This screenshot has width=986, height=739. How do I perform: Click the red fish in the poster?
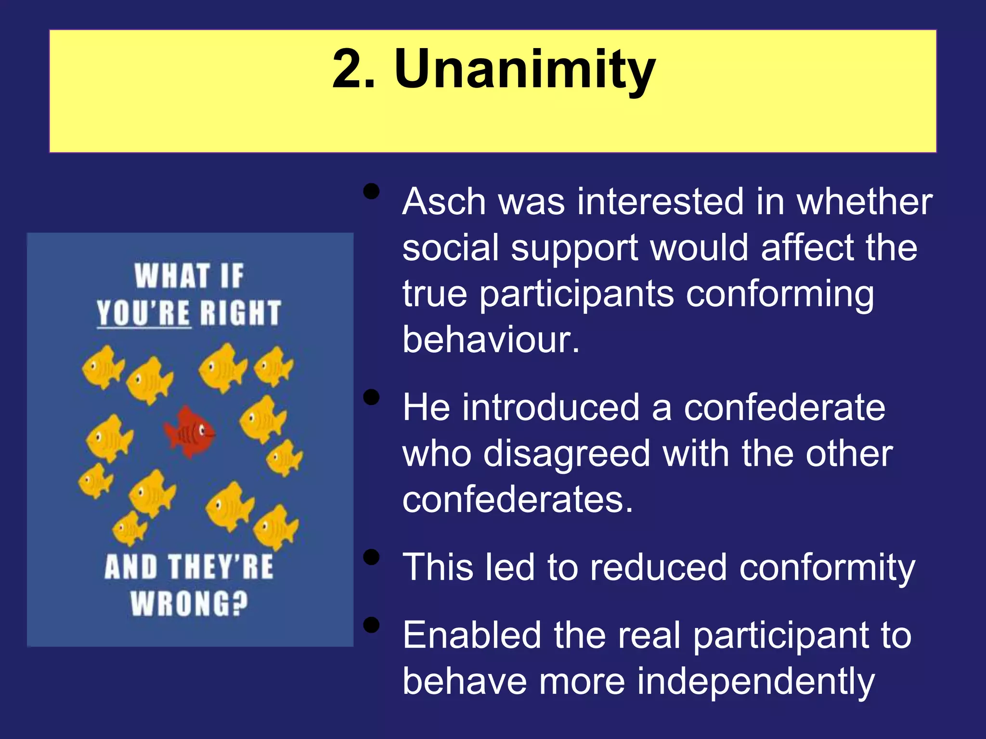pyautogui.click(x=189, y=431)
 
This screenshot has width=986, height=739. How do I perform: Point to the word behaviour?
pyautogui.click(x=491, y=339)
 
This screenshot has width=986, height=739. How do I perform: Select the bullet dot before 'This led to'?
pyautogui.click(x=371, y=557)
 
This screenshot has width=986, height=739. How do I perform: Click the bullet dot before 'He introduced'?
pyautogui.click(x=371, y=397)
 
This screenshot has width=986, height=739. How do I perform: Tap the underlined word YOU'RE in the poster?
pyautogui.click(x=143, y=313)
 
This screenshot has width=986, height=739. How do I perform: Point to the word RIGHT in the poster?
pyautogui.click(x=240, y=313)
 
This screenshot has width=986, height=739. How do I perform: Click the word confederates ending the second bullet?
pyautogui.click(x=517, y=499)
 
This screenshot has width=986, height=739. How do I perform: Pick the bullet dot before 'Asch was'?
pyautogui.click(x=371, y=191)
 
